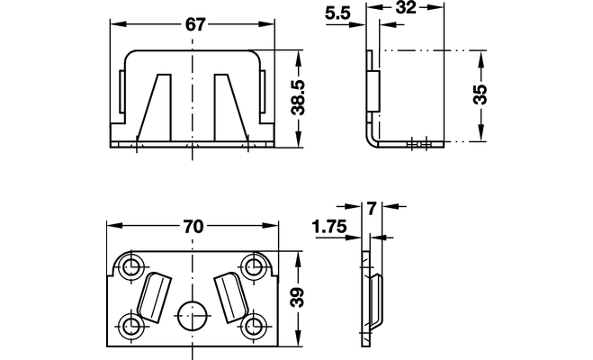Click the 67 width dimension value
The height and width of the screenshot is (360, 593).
click(195, 25)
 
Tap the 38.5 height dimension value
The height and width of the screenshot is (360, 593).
click(299, 97)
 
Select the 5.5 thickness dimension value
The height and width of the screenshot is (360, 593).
click(337, 13)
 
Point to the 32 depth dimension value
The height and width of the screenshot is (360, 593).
click(406, 7)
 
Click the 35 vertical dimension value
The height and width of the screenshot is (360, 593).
click(481, 94)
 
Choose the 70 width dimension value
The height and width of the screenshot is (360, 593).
click(193, 227)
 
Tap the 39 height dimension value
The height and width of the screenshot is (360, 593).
click(298, 298)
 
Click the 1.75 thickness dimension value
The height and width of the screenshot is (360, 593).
click(329, 227)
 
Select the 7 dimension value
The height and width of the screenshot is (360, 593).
click(373, 209)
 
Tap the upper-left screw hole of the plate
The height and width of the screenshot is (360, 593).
click(131, 266)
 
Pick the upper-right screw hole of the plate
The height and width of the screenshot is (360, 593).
click(254, 267)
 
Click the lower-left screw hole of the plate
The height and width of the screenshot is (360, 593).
click(131, 325)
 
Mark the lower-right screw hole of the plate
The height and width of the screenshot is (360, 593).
click(254, 325)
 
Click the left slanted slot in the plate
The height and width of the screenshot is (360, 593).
click(154, 297)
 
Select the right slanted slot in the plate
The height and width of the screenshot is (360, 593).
click(231, 297)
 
